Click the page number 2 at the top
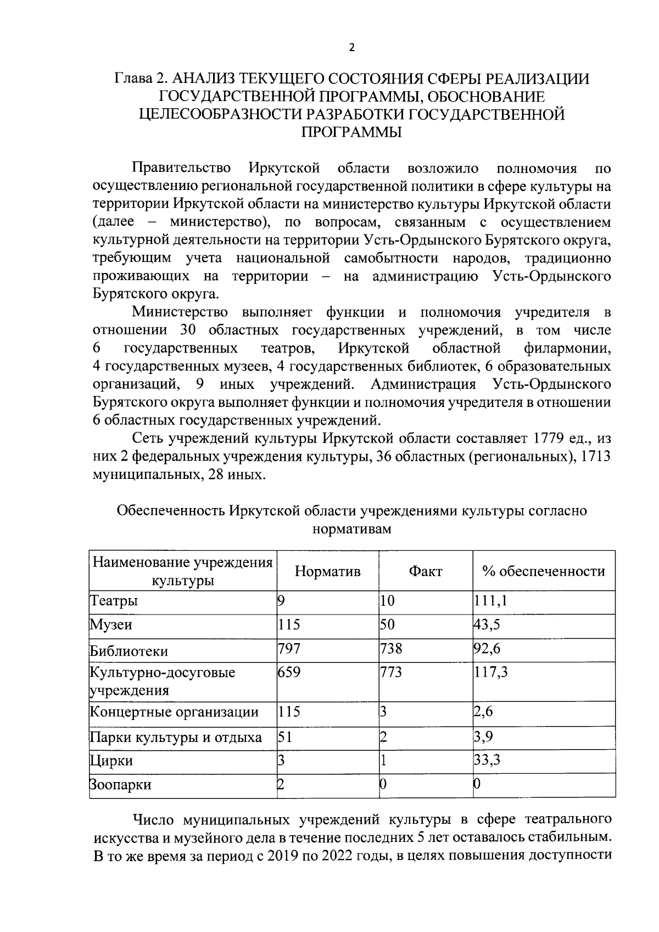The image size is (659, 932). point(352,47)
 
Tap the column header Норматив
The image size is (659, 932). point(327,571)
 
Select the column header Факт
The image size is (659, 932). point(425,571)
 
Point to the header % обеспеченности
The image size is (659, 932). point(544,571)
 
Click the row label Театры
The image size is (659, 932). point(114,601)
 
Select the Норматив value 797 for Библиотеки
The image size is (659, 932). point(289,649)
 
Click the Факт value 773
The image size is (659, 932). point(391,672)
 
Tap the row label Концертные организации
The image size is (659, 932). point(174,712)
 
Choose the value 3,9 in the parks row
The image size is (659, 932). point(483,736)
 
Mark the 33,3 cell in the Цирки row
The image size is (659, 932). point(487,760)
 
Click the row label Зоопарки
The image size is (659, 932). point(120,785)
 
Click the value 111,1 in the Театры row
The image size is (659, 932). point(490,601)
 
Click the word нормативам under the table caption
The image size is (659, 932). point(351,529)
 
